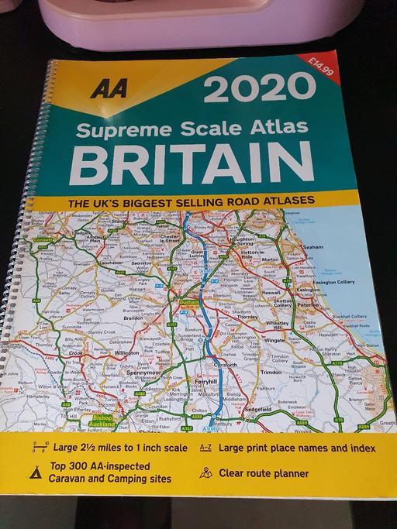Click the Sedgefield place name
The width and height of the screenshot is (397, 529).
pos(258,408)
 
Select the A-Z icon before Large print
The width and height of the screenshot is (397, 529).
pos(205,448)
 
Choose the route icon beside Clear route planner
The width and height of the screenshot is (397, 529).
pos(205,472)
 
